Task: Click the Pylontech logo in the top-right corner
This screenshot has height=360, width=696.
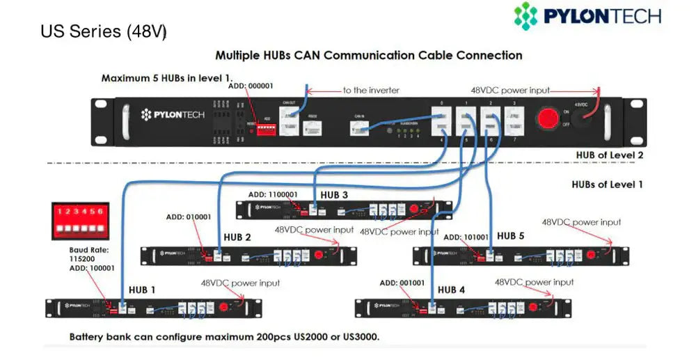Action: click(587, 16)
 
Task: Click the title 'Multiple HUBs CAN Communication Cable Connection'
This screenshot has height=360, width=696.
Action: click(369, 55)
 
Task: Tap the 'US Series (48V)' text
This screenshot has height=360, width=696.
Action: click(104, 32)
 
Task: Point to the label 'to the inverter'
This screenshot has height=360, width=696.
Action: click(370, 90)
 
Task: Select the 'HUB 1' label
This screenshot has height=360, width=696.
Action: click(142, 290)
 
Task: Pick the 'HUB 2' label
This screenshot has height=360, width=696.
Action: click(237, 237)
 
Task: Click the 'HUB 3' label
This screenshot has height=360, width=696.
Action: click(334, 195)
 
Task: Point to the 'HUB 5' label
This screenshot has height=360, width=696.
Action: click(510, 236)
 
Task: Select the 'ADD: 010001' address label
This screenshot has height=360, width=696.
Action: click(189, 217)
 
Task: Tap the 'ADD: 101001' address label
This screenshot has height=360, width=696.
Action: click(466, 237)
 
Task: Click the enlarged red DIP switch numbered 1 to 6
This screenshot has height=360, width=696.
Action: click(77, 219)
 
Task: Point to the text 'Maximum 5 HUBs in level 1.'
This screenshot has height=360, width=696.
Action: click(166, 78)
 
